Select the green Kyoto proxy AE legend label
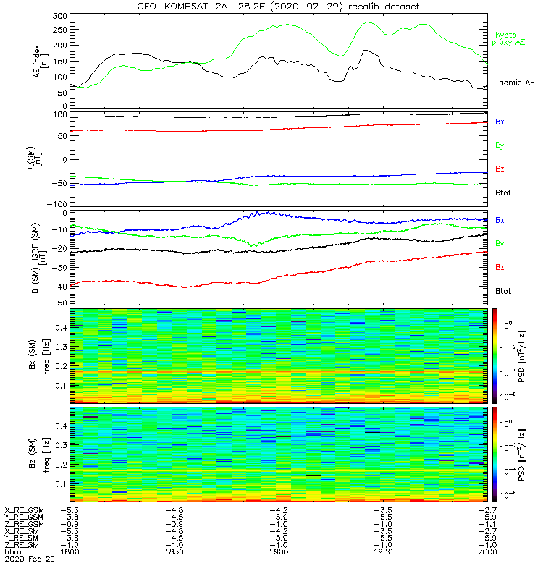pyautogui.click(x=510, y=38)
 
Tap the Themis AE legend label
pyautogui.click(x=514, y=83)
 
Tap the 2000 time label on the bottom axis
pyautogui.click(x=486, y=551)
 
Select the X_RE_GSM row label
pyautogui.click(x=24, y=510)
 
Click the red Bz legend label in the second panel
pyautogui.click(x=500, y=169)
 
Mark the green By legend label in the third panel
pyautogui.click(x=500, y=243)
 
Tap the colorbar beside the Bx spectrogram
pyautogui.click(x=496, y=355)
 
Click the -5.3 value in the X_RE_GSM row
pyautogui.click(x=70, y=510)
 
